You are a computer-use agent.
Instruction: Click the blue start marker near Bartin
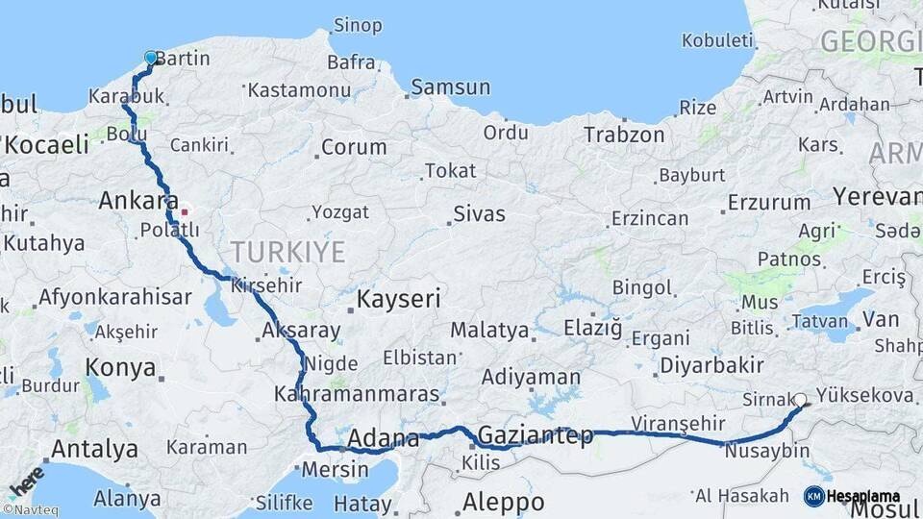coord(151,58)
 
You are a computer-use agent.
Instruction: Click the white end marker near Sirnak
coord(800,400)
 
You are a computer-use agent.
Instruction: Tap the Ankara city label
coord(135,202)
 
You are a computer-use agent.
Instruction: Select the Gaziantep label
coord(536,435)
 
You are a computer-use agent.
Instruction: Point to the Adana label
coord(384,439)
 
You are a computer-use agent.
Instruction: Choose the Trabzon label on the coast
coord(624,135)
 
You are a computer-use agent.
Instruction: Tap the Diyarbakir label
coord(711,365)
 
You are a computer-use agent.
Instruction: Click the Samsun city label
coord(450,88)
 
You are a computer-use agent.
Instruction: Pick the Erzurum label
coord(769,203)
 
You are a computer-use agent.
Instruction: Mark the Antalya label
coord(94,449)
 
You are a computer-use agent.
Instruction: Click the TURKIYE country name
coord(287,253)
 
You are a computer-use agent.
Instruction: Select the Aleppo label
coord(503,502)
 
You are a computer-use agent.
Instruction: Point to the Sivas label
coord(479,214)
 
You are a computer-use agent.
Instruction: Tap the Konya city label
coord(120,367)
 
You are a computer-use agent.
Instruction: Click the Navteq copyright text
coord(30,511)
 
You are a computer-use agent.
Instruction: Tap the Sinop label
coord(357,26)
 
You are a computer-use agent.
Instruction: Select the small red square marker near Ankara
coord(184,209)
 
